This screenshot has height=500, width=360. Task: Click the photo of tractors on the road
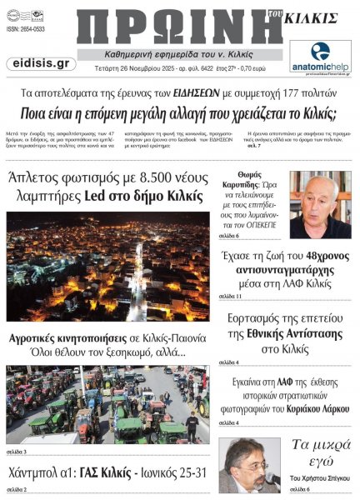click(108, 403)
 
